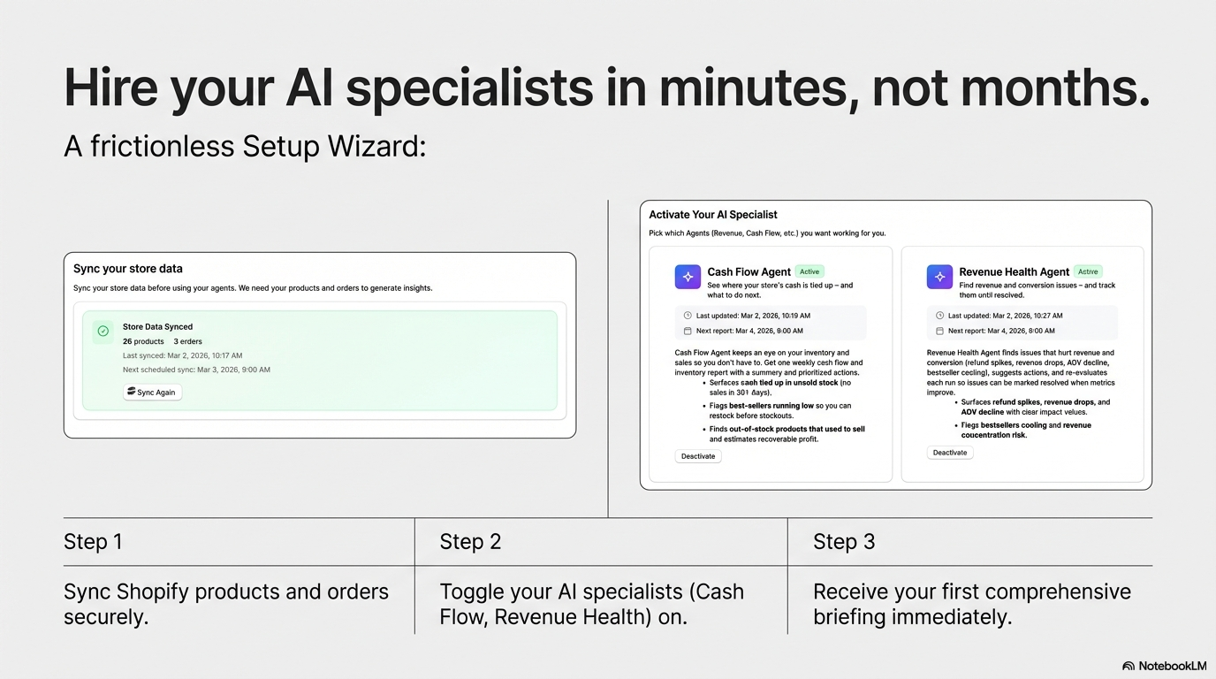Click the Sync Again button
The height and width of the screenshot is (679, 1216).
[x=152, y=393]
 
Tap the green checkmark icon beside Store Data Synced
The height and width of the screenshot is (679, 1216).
[x=103, y=331]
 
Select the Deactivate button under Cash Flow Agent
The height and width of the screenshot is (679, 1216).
[x=698, y=456]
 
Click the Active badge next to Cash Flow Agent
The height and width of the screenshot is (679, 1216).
[x=809, y=271]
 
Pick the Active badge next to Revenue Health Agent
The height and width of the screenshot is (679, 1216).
[x=1088, y=271]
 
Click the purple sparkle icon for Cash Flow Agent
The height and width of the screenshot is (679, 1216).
[x=688, y=277]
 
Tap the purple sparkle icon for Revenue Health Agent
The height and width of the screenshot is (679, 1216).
[x=939, y=277]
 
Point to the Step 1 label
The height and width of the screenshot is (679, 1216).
[x=93, y=542]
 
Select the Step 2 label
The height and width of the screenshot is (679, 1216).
[x=470, y=542]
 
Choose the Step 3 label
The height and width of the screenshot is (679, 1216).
[x=844, y=542]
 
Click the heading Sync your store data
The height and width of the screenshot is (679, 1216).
[x=128, y=269]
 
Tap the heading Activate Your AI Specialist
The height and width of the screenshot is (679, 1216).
[x=713, y=215]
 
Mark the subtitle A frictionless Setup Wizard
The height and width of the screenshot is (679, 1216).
[x=245, y=146]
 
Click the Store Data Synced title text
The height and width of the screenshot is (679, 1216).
[x=157, y=326]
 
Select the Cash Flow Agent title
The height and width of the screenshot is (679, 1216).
[x=749, y=272]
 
